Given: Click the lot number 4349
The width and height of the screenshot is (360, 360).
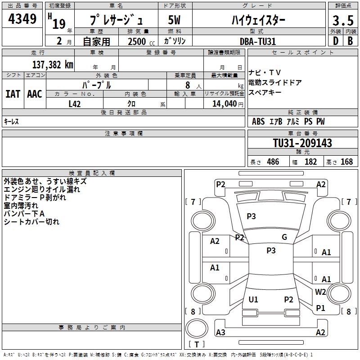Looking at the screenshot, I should coord(22,20).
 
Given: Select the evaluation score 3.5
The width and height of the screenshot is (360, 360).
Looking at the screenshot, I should coord(342,21).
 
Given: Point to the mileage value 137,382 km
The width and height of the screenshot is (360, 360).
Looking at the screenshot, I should coord(52,64).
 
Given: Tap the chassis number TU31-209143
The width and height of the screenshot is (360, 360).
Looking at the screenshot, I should coord(302,143).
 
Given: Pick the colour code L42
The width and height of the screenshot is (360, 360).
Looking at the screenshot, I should coord(75,103).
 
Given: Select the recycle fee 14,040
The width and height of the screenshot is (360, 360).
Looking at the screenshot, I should coord(224,103).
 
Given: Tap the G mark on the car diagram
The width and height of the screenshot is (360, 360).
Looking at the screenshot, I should coord(284,237).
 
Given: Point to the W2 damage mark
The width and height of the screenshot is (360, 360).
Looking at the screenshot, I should coord(320,292).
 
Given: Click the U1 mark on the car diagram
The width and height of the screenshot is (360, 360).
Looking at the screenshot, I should coord(253,300).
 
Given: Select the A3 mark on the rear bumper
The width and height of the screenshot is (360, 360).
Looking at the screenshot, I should coord(220,333).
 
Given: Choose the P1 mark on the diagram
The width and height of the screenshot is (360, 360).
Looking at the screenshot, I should coord(320,308).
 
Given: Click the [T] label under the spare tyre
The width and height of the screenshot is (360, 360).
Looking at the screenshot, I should coord(197,344).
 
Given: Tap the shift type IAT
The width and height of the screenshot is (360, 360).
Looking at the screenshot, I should coord(13,94).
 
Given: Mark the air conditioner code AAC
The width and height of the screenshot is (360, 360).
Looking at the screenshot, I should coord(35,94).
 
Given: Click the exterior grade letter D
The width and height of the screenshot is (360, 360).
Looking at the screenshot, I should coord(335,41).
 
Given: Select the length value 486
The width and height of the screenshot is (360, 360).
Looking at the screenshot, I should coord(273,162).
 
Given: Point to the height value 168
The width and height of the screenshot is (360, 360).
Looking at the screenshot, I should coord(346,162).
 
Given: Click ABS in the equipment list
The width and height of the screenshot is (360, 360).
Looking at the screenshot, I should coord(258,121).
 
